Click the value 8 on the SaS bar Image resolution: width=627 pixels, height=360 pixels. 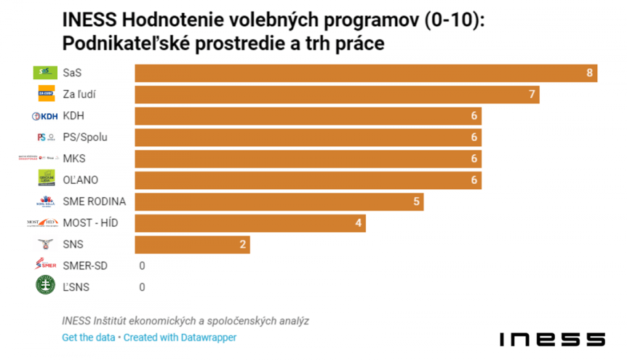pos(590,73)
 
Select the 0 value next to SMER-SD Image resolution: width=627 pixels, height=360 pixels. pos(142,265)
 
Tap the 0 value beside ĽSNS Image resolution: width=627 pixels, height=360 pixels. pos(142,287)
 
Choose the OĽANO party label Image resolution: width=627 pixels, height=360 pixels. pos(80,180)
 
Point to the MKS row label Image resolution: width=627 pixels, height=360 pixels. pos(74,159)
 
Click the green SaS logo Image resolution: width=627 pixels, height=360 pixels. pos(45,73)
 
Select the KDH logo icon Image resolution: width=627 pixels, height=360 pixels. pos(44,116)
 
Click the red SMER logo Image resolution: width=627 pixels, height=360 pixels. pos(45,265)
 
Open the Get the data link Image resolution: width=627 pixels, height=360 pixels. pos(89,337)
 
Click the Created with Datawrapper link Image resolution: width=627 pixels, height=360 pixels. pos(181,337)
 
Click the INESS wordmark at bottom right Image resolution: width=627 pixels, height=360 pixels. pos(552,339)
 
